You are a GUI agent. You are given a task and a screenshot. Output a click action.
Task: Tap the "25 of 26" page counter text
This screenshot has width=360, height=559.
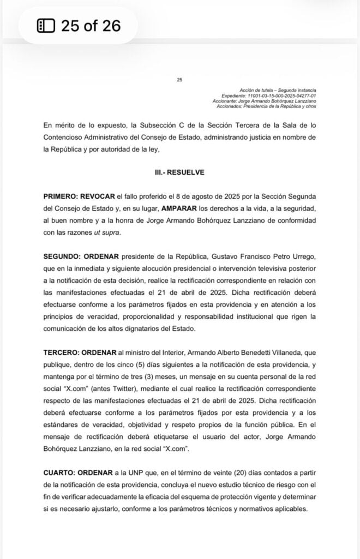pos(91,26)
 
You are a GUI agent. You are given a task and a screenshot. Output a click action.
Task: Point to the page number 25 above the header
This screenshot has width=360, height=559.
pos(179,80)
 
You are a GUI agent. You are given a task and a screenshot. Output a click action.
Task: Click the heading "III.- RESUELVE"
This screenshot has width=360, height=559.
pos(179,172)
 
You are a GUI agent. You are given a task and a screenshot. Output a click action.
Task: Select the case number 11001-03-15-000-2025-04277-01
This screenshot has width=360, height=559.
pos(273,96)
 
